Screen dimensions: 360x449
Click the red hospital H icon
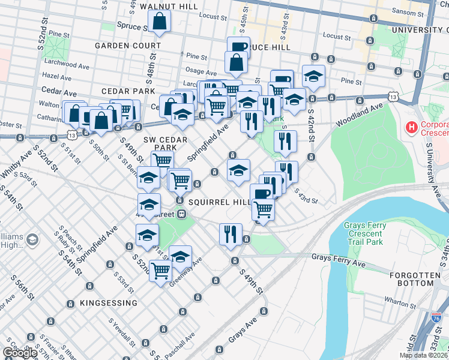pos(412,127)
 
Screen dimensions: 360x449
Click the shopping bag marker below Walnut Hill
pos(160,22)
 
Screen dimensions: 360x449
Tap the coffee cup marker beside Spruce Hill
pos(238,47)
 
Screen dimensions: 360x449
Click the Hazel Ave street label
pos(57,77)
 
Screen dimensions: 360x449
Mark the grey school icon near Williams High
pos(32,240)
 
